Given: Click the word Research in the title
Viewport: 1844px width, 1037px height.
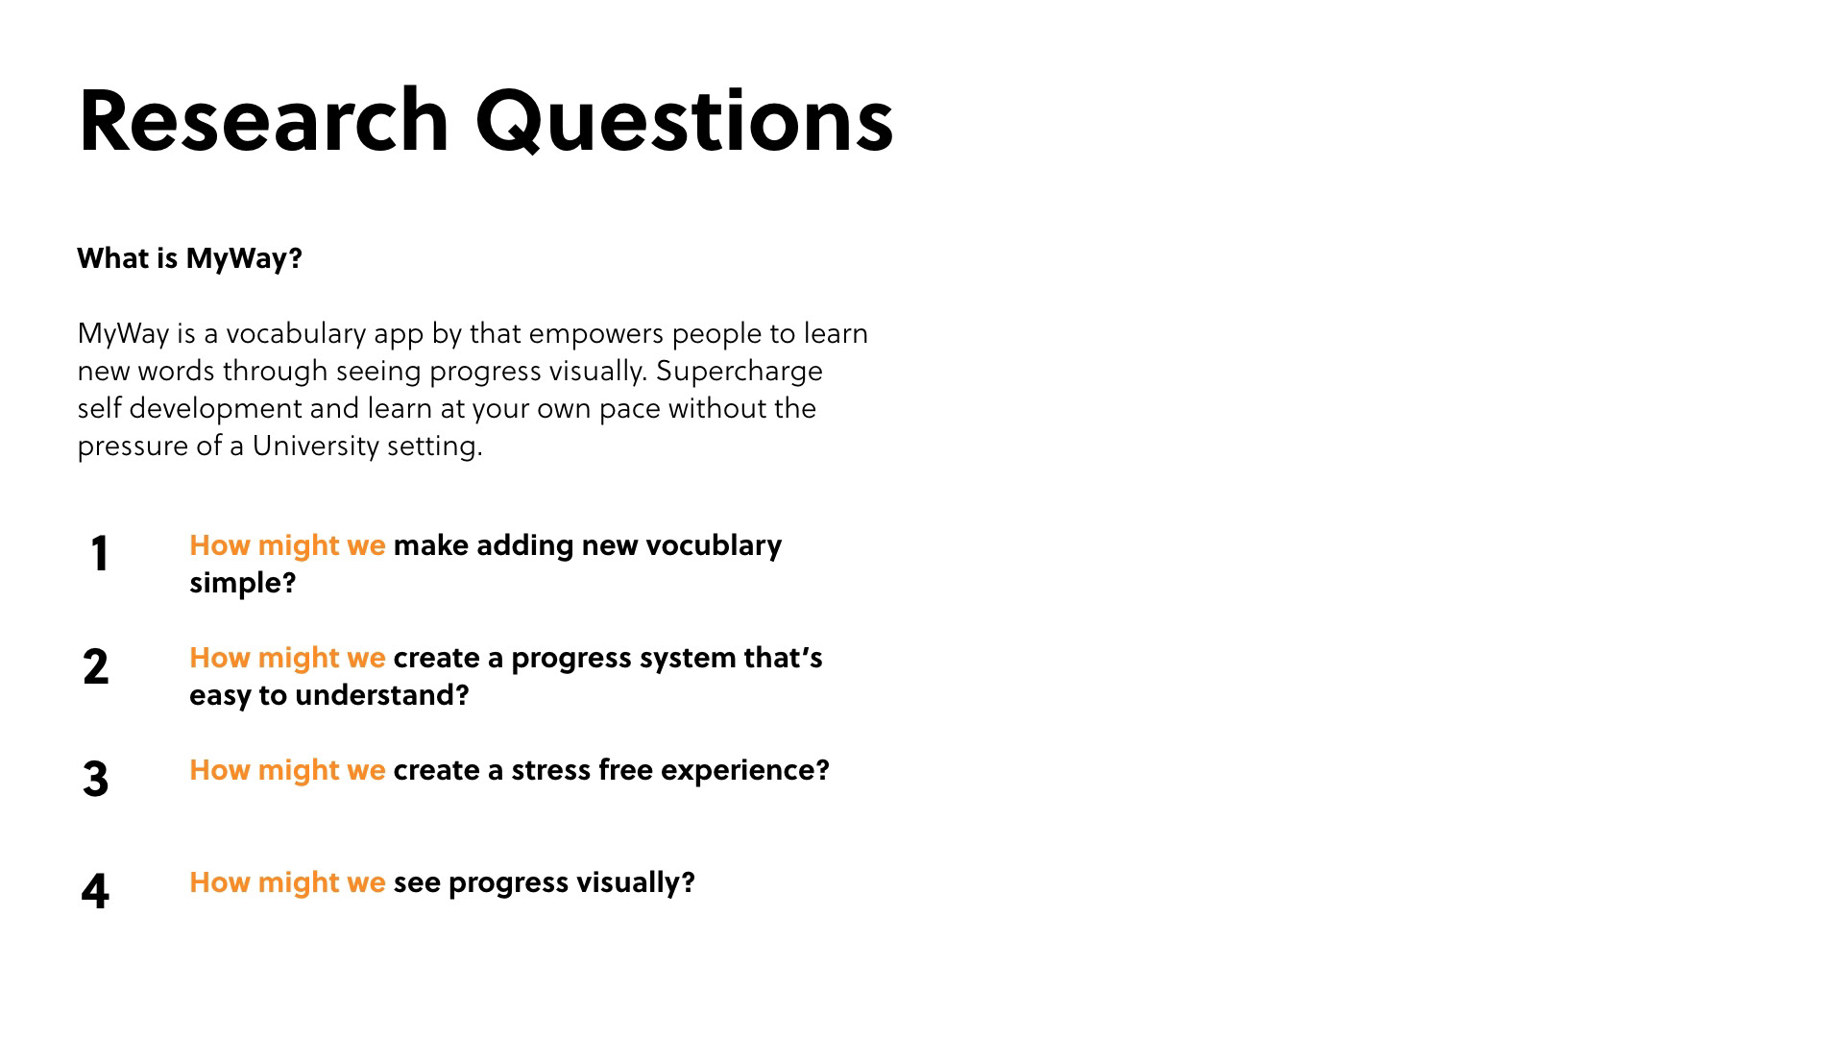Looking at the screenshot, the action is [x=264, y=121].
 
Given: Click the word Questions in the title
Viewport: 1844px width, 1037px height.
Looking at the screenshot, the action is [x=685, y=123].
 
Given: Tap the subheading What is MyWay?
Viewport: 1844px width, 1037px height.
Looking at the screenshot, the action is [x=189, y=259].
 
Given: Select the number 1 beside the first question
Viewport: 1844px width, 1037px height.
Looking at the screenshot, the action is [x=100, y=554].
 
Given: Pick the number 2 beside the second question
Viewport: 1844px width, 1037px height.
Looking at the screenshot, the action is [x=96, y=666].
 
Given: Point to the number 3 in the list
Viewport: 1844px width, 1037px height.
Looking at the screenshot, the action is [x=96, y=779].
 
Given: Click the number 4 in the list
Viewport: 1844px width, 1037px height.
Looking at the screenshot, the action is [x=96, y=891].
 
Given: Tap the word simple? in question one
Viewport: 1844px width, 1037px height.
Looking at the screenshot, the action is [x=242, y=584].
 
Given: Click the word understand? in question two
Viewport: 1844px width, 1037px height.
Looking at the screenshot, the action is [x=381, y=695].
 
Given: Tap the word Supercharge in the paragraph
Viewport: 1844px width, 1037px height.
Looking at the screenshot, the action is [x=740, y=372].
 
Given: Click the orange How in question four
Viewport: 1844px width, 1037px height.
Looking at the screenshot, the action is [x=220, y=882].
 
